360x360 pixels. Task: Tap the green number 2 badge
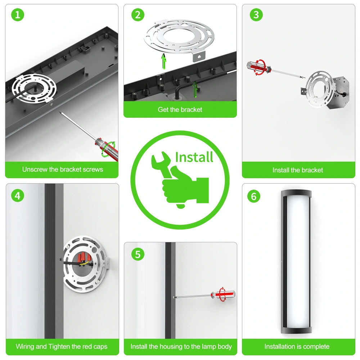[138, 15]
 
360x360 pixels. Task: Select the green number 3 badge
[256, 15]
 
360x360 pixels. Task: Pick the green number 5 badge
[138, 254]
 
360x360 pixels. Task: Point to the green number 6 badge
[254, 197]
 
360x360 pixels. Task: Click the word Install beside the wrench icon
[194, 157]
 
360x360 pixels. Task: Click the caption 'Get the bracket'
[180, 109]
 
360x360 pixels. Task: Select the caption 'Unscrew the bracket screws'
[62, 169]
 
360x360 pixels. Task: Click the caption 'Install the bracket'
[298, 170]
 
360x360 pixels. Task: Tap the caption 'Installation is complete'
[297, 346]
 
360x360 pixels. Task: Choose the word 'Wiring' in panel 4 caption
[26, 346]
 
